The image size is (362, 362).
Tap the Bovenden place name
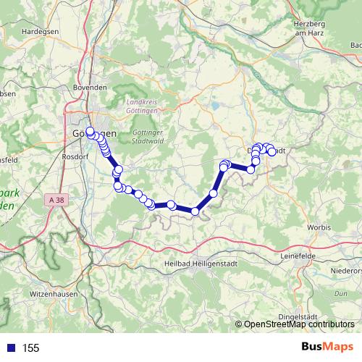point(90,88)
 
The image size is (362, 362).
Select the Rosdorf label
point(75,156)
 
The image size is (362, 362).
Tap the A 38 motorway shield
point(59,198)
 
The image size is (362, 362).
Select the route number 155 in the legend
point(30,348)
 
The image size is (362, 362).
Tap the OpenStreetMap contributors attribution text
point(298,325)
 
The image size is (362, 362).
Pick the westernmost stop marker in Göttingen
point(90,131)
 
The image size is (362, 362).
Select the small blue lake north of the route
point(215,106)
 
